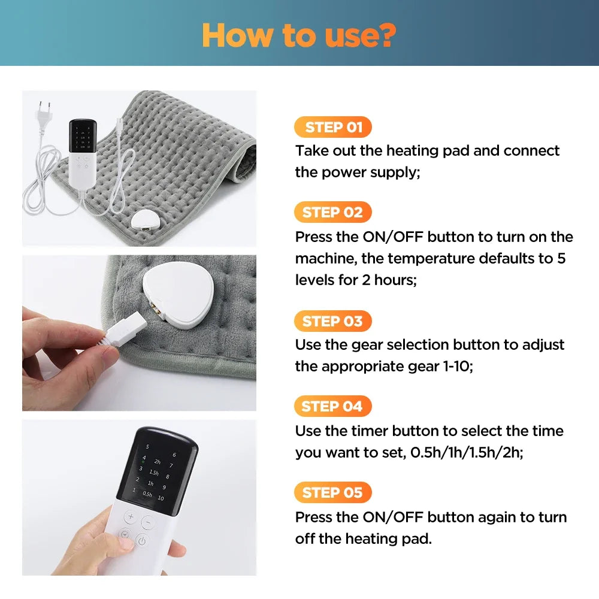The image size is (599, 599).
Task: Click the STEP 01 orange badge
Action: pyautogui.click(x=333, y=127)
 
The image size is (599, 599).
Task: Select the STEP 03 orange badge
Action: pyautogui.click(x=333, y=321)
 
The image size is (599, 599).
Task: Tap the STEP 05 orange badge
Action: pyautogui.click(x=333, y=492)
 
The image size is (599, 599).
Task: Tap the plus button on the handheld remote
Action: pyautogui.click(x=131, y=516)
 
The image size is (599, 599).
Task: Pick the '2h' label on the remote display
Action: pyautogui.click(x=157, y=462)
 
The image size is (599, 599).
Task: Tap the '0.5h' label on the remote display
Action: pyautogui.click(x=147, y=494)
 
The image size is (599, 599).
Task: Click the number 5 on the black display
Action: pyautogui.click(x=147, y=447)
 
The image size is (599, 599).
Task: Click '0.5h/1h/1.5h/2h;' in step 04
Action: pyautogui.click(x=467, y=452)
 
